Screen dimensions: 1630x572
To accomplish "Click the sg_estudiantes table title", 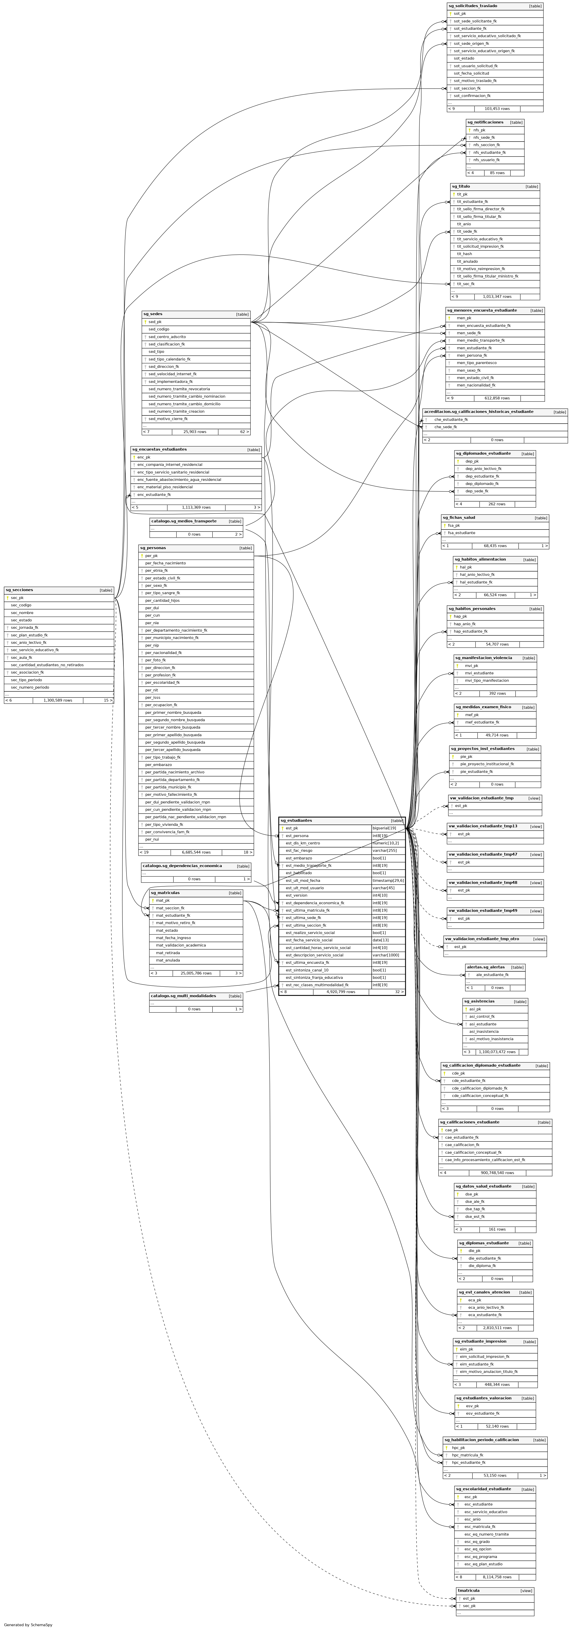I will pos(296,820).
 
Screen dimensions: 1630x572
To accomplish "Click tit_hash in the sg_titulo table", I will pos(464,254).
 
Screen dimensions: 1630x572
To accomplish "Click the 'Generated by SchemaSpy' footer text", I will pos(28,1624).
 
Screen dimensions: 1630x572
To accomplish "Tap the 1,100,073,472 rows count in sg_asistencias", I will pos(497,1052).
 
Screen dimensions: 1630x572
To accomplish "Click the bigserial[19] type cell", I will pos(384,828).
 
